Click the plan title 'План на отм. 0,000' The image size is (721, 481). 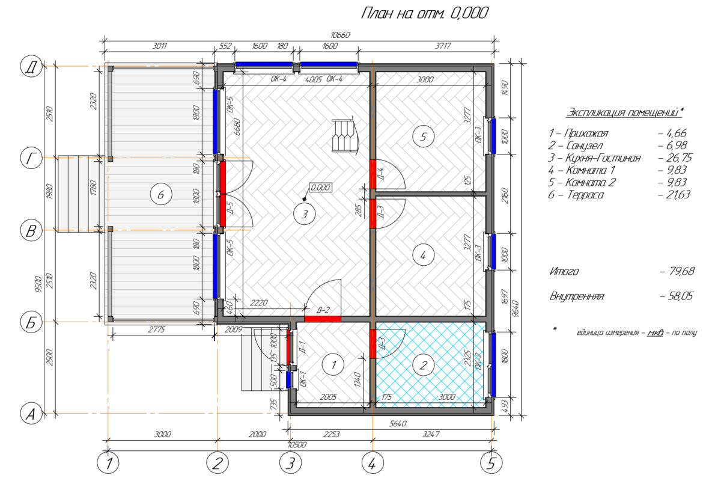(424, 14)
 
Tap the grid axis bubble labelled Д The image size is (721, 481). (31, 67)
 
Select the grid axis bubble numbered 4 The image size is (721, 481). (373, 463)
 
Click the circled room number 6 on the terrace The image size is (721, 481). (161, 194)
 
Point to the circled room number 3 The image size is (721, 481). (305, 214)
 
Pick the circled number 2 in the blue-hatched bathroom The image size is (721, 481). (423, 365)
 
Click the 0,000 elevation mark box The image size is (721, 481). (321, 187)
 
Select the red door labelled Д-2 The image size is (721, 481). (323, 319)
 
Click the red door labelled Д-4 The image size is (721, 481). (373, 174)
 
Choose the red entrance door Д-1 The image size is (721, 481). (288, 347)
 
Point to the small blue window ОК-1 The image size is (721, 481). (288, 380)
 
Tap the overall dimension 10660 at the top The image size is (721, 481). (340, 35)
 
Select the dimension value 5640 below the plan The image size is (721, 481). (398, 424)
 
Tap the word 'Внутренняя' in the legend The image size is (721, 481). (577, 296)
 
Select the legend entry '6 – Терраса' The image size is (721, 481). (576, 195)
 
